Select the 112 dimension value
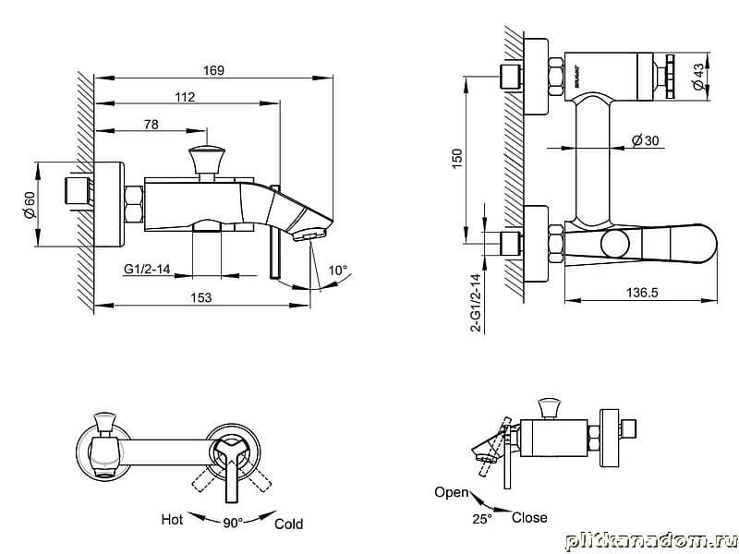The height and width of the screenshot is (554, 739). pyautogui.click(x=186, y=96)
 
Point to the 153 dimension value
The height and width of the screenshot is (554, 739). pyautogui.click(x=201, y=297)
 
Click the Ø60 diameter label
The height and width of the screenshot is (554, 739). pyautogui.click(x=29, y=204)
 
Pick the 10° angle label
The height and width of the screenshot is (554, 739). pyautogui.click(x=339, y=271)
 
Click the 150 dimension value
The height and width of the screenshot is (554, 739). pyautogui.click(x=455, y=159)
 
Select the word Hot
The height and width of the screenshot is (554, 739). pyautogui.click(x=171, y=520)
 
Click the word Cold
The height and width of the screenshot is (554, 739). pyautogui.click(x=288, y=524)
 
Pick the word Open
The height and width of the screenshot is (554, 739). pyautogui.click(x=452, y=492)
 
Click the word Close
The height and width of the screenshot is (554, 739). pyautogui.click(x=528, y=518)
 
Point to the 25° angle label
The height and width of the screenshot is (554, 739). pyautogui.click(x=481, y=519)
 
